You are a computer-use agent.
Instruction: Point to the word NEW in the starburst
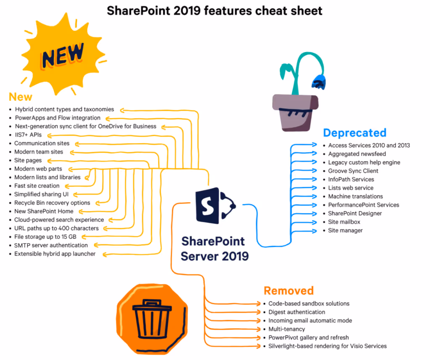(x=63, y=55)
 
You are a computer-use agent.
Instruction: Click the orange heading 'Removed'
(x=288, y=290)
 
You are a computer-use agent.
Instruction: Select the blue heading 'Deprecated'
(x=354, y=133)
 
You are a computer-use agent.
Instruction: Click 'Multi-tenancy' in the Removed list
(x=286, y=329)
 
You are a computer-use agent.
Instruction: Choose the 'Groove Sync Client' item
(x=353, y=171)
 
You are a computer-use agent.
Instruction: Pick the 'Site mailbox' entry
(x=344, y=222)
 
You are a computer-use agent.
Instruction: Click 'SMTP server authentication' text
(x=51, y=245)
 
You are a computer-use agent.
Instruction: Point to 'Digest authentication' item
(x=296, y=312)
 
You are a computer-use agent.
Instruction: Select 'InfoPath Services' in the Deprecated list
(x=351, y=179)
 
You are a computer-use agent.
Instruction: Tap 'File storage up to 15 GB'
(x=45, y=237)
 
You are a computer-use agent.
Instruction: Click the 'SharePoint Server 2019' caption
(x=215, y=248)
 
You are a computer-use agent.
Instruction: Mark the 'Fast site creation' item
(x=37, y=185)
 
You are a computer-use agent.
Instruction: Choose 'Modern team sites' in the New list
(x=39, y=151)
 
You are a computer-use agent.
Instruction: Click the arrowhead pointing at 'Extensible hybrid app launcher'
(x=106, y=254)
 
